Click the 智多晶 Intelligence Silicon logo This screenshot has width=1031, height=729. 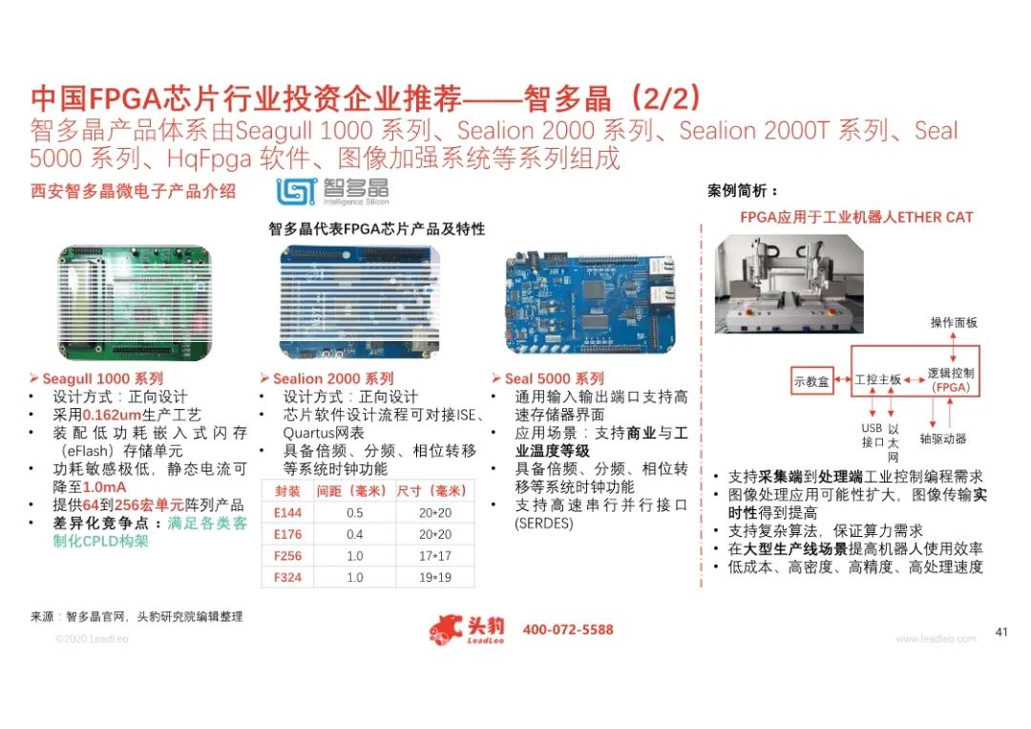[x=333, y=191]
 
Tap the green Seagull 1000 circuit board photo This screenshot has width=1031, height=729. [x=135, y=303]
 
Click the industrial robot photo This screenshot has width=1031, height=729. [x=789, y=284]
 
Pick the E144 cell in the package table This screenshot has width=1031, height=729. [x=287, y=512]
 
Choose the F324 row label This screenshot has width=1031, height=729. [x=287, y=577]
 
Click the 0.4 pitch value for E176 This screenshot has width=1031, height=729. [x=354, y=534]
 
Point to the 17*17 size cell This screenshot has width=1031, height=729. [x=434, y=556]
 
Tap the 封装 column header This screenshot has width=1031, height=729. [x=287, y=491]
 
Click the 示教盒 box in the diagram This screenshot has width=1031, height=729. [x=812, y=381]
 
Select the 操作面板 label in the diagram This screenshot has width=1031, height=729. [x=954, y=322]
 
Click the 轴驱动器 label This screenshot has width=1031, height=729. [x=943, y=439]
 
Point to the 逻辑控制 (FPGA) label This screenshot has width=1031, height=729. [x=951, y=379]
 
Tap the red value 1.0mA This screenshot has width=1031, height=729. [x=105, y=487]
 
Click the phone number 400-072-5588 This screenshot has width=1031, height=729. [x=568, y=630]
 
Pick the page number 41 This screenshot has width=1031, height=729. [x=1001, y=632]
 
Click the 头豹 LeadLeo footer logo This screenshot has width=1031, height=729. [x=467, y=630]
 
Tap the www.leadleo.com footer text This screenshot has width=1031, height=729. [x=936, y=638]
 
